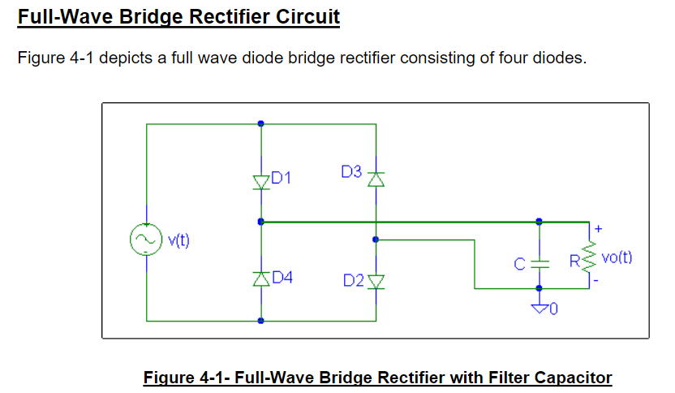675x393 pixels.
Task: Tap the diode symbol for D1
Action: (x=260, y=181)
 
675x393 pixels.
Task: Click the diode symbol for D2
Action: (x=376, y=281)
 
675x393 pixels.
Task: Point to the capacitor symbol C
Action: (x=540, y=263)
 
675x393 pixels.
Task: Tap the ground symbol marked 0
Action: (x=540, y=307)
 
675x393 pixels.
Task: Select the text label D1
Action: (x=281, y=176)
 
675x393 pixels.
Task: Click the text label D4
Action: (x=282, y=277)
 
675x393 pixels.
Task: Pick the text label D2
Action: (x=353, y=280)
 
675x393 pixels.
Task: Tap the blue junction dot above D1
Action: (x=260, y=123)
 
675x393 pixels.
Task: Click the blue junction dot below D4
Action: (x=260, y=321)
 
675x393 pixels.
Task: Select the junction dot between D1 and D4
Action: (x=260, y=221)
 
